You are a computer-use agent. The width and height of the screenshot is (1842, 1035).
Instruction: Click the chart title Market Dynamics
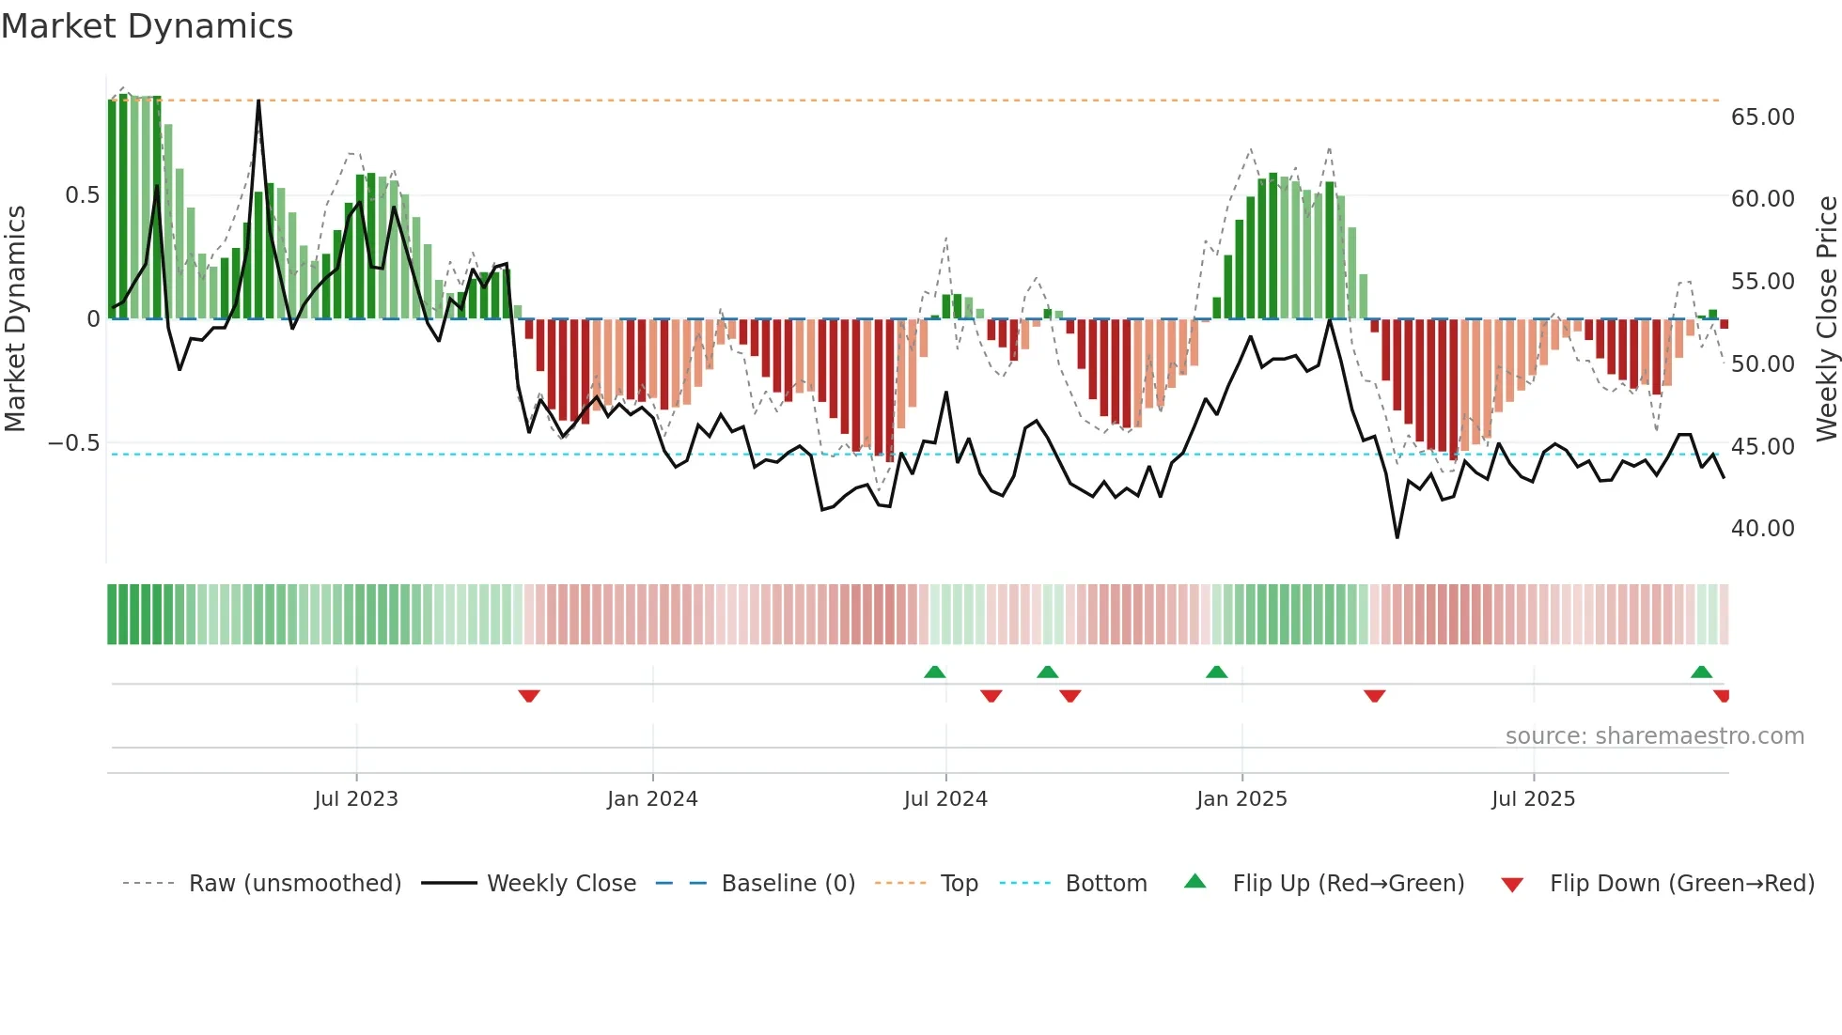(x=147, y=26)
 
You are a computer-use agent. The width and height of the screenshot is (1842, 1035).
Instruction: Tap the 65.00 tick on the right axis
(x=1762, y=117)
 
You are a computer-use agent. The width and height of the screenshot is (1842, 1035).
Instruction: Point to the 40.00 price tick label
(x=1762, y=529)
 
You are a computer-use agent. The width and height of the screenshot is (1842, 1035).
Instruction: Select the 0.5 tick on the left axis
(x=82, y=195)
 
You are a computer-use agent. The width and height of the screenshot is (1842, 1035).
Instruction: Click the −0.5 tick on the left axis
(x=73, y=443)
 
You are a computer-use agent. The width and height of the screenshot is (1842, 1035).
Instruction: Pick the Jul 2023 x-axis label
(x=356, y=799)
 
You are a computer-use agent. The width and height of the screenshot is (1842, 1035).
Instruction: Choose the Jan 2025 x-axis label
(x=1241, y=799)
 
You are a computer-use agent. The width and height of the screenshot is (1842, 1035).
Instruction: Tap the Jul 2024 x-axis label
(x=945, y=799)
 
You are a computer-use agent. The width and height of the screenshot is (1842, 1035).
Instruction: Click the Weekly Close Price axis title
(x=1826, y=319)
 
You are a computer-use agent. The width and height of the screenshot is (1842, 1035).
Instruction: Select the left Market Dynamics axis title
(x=15, y=319)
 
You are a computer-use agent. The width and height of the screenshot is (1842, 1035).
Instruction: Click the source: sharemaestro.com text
(x=1654, y=736)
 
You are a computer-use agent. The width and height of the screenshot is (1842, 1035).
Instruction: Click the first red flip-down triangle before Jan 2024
(x=529, y=696)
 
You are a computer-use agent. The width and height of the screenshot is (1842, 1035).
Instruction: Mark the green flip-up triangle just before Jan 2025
(x=1216, y=672)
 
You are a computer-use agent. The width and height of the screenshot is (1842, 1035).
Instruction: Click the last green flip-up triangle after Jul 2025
(x=1701, y=672)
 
